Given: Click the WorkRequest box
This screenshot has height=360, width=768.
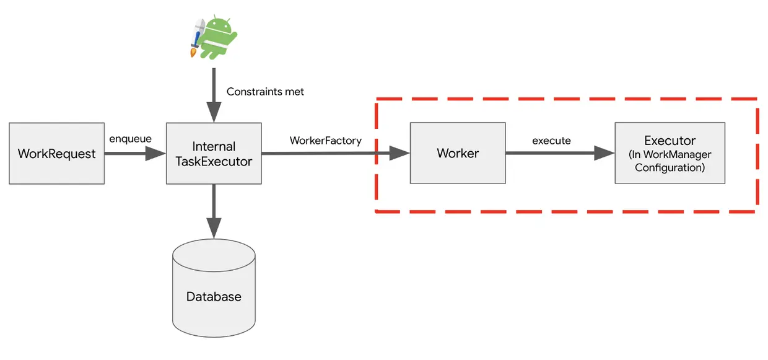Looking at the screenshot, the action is (x=57, y=153).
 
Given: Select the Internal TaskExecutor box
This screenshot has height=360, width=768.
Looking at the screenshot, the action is (x=214, y=153).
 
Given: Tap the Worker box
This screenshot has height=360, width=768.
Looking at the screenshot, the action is (x=458, y=153).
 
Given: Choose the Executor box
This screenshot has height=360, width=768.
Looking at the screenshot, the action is (x=670, y=153).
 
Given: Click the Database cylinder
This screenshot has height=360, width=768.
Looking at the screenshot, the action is (x=214, y=288).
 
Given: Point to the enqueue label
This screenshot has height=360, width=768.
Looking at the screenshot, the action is (x=130, y=139).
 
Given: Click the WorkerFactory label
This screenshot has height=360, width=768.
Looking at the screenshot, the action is (x=326, y=141).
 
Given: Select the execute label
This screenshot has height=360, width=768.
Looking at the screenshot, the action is (x=551, y=141).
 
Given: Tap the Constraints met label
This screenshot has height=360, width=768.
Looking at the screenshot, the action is (x=265, y=92).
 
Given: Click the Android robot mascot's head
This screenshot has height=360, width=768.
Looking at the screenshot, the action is (x=219, y=25).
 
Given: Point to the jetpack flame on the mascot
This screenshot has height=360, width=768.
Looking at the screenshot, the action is (x=194, y=53).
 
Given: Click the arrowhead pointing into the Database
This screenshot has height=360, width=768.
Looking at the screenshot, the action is (x=214, y=227).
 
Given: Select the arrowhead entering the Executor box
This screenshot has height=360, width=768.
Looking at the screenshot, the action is (x=604, y=153).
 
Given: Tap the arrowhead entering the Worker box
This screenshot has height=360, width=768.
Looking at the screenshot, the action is (x=399, y=153).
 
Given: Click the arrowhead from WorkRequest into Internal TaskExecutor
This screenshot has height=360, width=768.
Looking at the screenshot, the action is (x=155, y=153).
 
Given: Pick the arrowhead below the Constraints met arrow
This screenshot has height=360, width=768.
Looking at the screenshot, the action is (x=214, y=112).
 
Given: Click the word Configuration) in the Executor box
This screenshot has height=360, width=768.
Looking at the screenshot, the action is (x=670, y=168).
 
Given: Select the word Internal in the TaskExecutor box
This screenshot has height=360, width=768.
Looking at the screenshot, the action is (x=214, y=146).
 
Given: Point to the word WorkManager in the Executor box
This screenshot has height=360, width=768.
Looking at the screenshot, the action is (x=677, y=154).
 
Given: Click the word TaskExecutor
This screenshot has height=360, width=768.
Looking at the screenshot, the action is (x=214, y=161).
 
